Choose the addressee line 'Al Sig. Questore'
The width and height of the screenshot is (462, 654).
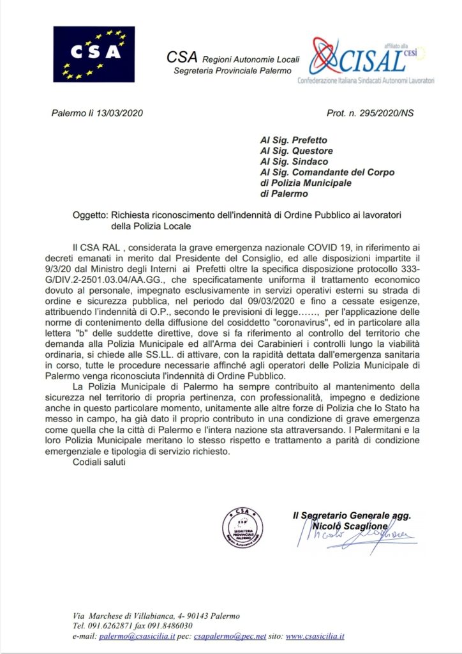[297, 151]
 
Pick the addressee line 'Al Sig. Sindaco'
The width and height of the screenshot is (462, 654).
[295, 162]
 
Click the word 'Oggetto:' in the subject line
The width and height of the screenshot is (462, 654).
[91, 215]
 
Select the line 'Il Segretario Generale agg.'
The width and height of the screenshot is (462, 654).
[350, 515]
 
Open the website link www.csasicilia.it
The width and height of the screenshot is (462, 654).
[315, 636]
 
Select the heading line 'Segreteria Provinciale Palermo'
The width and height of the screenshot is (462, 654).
[232, 70]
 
